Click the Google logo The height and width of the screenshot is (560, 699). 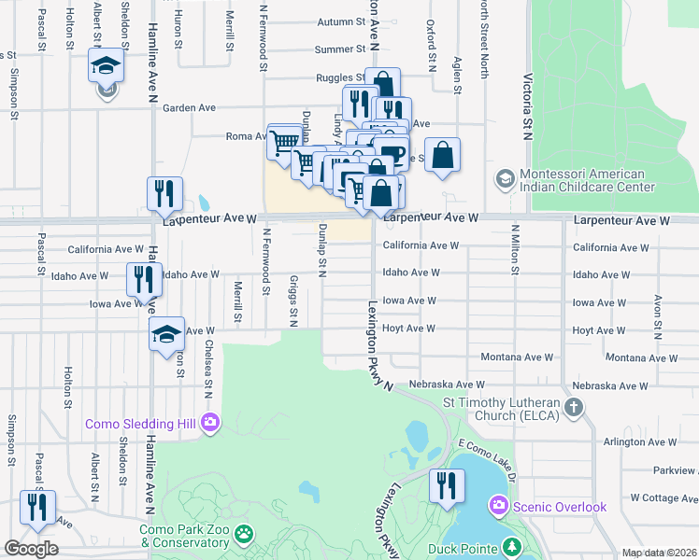pyautogui.click(x=30, y=549)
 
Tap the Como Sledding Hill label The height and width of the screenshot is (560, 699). pyautogui.click(x=141, y=424)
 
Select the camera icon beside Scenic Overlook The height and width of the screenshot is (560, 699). pyautogui.click(x=498, y=506)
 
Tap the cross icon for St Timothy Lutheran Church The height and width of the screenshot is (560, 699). pyautogui.click(x=574, y=408)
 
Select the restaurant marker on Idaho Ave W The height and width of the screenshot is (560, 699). pyautogui.click(x=144, y=278)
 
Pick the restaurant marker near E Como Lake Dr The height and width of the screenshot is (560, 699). pyautogui.click(x=446, y=485)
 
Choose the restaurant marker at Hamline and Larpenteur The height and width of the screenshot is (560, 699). pyautogui.click(x=164, y=193)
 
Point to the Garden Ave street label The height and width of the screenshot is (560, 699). pyautogui.click(x=189, y=108)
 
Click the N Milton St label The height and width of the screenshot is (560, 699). pyautogui.click(x=514, y=249)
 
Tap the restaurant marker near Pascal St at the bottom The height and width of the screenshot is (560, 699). pyautogui.click(x=36, y=507)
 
